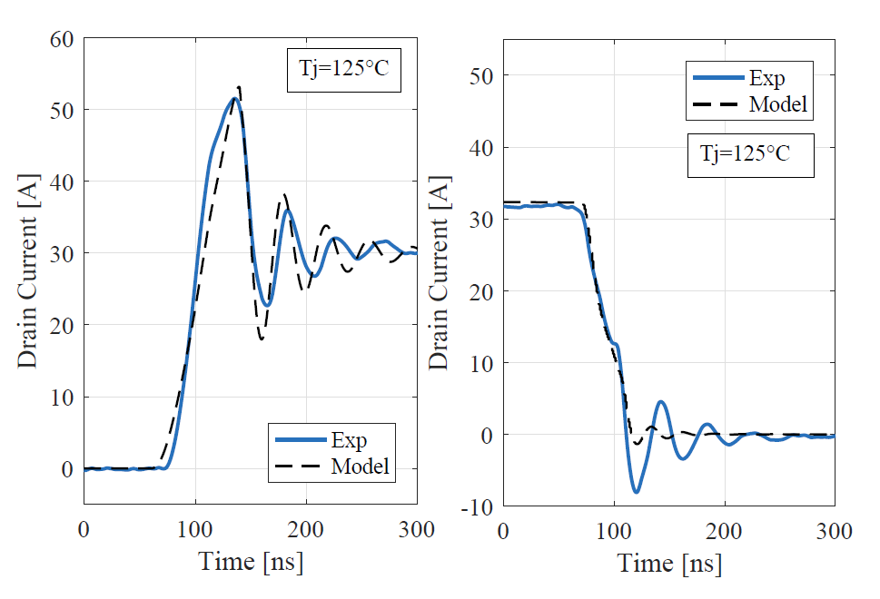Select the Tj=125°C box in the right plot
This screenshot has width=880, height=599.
(x=750, y=154)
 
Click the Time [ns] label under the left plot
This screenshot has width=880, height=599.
(x=251, y=562)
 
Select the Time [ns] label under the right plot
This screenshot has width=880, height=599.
(x=670, y=564)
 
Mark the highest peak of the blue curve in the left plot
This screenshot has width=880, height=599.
(x=233, y=99)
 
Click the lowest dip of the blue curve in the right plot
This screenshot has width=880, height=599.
(x=637, y=492)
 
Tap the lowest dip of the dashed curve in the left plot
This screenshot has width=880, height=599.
(x=262, y=339)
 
